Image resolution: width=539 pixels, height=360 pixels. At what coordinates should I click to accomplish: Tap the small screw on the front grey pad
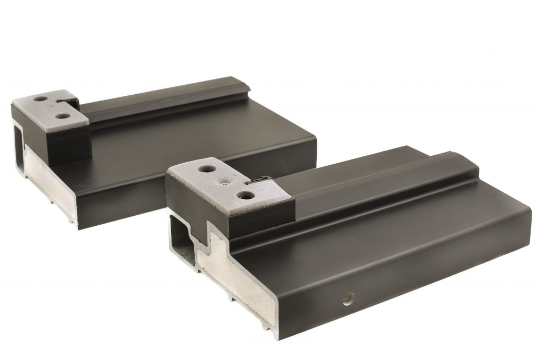tap(225, 185)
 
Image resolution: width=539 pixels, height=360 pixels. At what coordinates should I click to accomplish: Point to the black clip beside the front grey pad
tap(258, 179)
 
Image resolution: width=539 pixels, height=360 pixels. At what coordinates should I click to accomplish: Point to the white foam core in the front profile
tap(237, 284)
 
